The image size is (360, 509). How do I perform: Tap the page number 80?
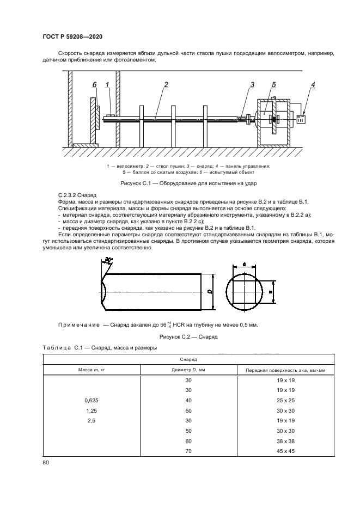pos(45,462)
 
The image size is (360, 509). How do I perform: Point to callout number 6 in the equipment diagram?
pos(94,85)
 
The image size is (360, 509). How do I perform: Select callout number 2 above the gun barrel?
pos(166,84)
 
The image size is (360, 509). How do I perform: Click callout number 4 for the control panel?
pos(313,84)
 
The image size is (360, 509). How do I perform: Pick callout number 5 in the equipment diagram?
pos(274,84)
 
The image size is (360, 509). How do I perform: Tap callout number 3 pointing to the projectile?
pos(252,84)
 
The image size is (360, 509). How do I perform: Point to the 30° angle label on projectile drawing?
pos(108,262)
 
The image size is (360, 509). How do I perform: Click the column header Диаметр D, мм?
pos(189,370)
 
